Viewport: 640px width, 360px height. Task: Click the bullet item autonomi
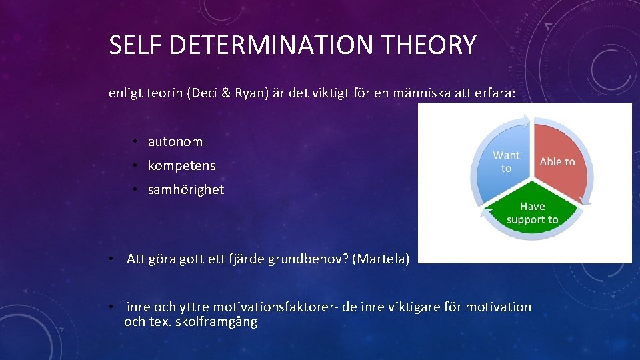point(177,141)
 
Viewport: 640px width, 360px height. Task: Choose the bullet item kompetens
point(181,165)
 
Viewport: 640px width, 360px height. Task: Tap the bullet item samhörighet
point(186,189)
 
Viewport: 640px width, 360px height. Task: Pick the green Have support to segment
point(532,213)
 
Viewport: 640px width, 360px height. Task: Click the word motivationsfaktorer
point(279,307)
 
